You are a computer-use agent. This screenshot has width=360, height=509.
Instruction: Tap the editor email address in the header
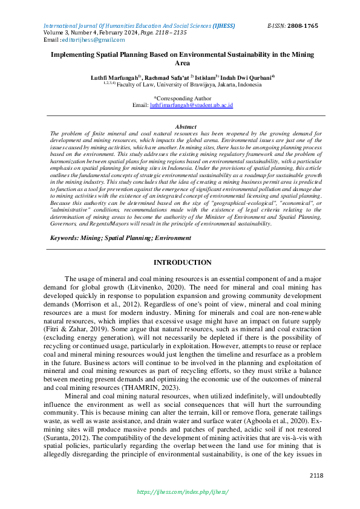point(93,40)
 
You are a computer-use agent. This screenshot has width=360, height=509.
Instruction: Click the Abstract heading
point(182,126)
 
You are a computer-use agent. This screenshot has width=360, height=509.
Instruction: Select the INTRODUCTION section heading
point(182,262)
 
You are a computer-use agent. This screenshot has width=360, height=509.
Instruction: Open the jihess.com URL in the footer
point(182,492)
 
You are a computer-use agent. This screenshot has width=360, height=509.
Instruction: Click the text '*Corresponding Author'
point(182,97)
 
